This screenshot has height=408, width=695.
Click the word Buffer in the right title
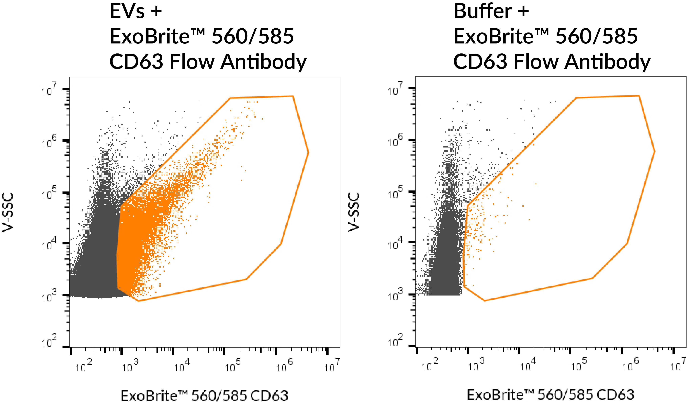483,12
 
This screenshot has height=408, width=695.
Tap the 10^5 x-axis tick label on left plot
232,366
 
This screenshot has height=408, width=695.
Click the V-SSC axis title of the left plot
8,212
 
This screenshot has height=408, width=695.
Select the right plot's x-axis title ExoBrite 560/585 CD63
551,395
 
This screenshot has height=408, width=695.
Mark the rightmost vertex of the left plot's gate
308,152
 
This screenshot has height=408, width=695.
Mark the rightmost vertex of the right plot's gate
654,151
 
